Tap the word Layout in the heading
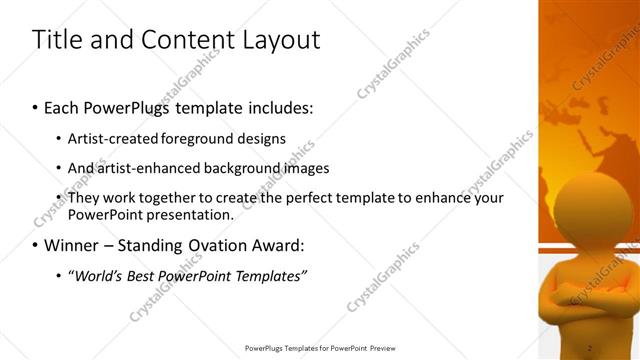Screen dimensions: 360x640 281,40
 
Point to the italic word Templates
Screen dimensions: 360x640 269,274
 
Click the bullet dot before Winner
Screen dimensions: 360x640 36,245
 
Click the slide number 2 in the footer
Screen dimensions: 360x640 590,348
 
